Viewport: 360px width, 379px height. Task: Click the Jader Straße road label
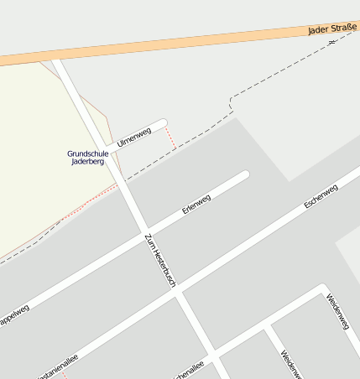pos(332,29)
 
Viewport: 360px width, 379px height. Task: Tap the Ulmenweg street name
pos(134,135)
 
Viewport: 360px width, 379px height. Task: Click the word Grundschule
pos(87,153)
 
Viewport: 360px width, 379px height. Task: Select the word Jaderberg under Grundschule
pos(87,162)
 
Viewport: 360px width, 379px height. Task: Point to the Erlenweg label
pos(196,204)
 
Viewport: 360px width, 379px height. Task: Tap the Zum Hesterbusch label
pos(160,262)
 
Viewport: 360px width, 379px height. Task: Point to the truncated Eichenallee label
pos(188,370)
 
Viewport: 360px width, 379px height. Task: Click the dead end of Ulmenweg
pos(162,123)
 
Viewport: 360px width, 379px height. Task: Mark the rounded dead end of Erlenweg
pos(244,176)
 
